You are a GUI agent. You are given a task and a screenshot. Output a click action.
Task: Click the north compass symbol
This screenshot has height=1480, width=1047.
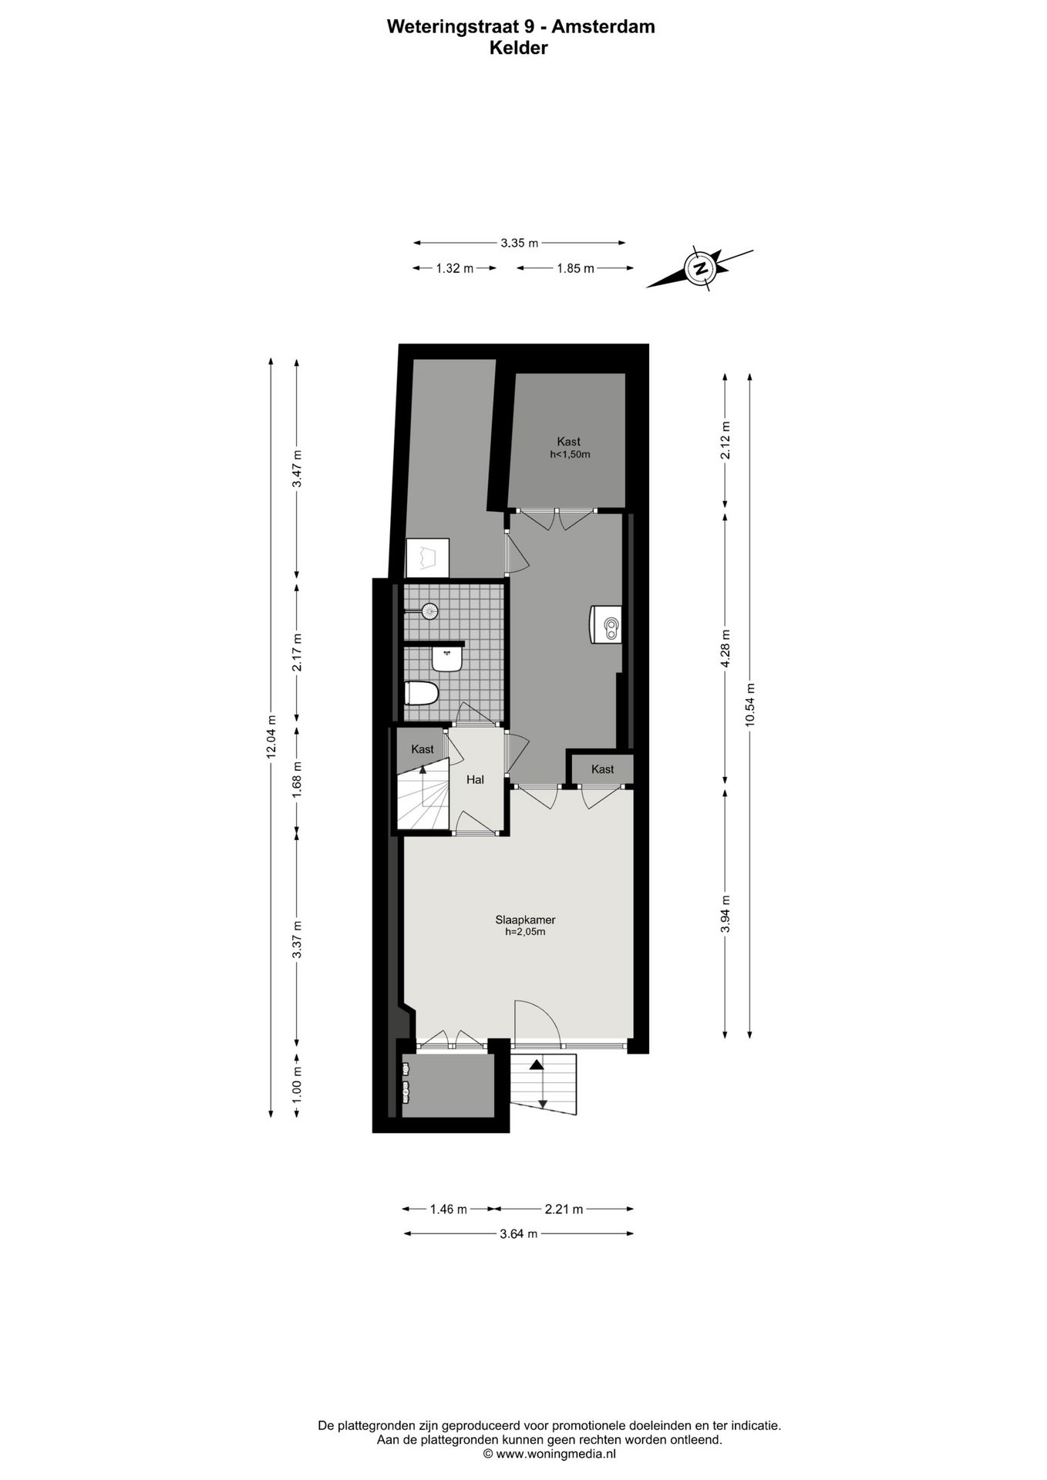[701, 269]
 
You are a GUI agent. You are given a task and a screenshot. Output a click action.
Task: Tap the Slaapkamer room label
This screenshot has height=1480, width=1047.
[525, 920]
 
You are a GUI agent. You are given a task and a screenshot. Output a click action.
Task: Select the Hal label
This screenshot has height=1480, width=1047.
[475, 779]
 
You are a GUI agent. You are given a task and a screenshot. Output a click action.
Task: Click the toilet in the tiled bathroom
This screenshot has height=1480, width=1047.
[422, 693]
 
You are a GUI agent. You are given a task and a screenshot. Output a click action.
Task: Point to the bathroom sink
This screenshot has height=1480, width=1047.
[446, 659]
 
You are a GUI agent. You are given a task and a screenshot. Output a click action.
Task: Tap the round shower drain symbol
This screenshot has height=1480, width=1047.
[429, 611]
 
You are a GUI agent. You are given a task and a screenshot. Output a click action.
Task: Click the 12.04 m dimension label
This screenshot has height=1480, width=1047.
[271, 736]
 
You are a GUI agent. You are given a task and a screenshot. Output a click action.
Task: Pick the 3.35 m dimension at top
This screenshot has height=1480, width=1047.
[519, 243]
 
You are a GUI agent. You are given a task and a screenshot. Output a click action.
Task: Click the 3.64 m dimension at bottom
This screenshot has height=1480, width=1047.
[518, 1233]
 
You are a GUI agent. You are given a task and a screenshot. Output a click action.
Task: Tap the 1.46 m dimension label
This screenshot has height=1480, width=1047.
[447, 1209]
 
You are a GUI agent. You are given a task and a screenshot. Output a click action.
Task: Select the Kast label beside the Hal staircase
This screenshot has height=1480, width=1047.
[422, 748]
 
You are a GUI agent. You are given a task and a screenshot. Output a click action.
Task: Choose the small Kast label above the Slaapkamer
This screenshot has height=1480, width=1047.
[602, 769]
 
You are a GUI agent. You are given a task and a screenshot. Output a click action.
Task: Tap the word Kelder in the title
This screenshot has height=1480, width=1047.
[518, 48]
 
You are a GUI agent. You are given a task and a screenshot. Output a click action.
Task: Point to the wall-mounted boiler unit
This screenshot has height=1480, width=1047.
[604, 624]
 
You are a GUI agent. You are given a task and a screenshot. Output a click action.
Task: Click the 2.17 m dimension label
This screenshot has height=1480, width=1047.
[297, 651]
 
